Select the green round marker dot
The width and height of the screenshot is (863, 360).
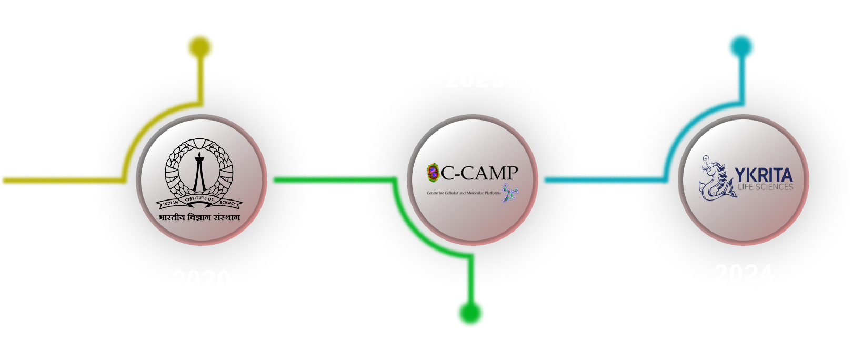(470, 313)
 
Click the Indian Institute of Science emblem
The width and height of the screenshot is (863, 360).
(199, 174)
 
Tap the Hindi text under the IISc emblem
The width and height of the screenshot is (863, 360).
(199, 217)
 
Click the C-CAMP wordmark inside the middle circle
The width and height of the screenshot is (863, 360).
(479, 172)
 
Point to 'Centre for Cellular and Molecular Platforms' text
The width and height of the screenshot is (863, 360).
(463, 193)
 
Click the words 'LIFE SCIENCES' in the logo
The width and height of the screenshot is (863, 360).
(765, 187)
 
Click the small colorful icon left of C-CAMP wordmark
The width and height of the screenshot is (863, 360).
(433, 171)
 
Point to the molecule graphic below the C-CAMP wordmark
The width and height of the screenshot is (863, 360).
(509, 193)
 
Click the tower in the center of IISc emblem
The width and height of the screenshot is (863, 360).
(199, 171)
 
